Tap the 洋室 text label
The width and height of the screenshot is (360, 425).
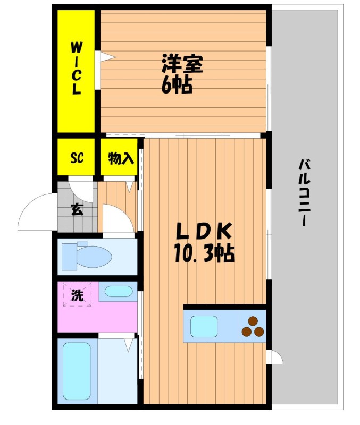[182, 63]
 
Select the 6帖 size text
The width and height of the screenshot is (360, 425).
[177, 85]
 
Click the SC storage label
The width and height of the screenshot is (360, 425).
[77, 157]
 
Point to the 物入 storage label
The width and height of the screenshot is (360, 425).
[121, 158]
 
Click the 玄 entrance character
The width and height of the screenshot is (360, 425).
[77, 209]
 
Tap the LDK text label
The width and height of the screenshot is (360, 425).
[204, 231]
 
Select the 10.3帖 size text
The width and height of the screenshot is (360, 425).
[204, 253]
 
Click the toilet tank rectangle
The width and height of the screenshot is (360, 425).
[70, 257]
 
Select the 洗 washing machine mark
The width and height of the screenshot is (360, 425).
[77, 295]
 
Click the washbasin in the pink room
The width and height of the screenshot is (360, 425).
[119, 291]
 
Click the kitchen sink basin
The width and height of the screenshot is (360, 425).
[204, 327]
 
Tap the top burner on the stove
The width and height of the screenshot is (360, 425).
[253, 321]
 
